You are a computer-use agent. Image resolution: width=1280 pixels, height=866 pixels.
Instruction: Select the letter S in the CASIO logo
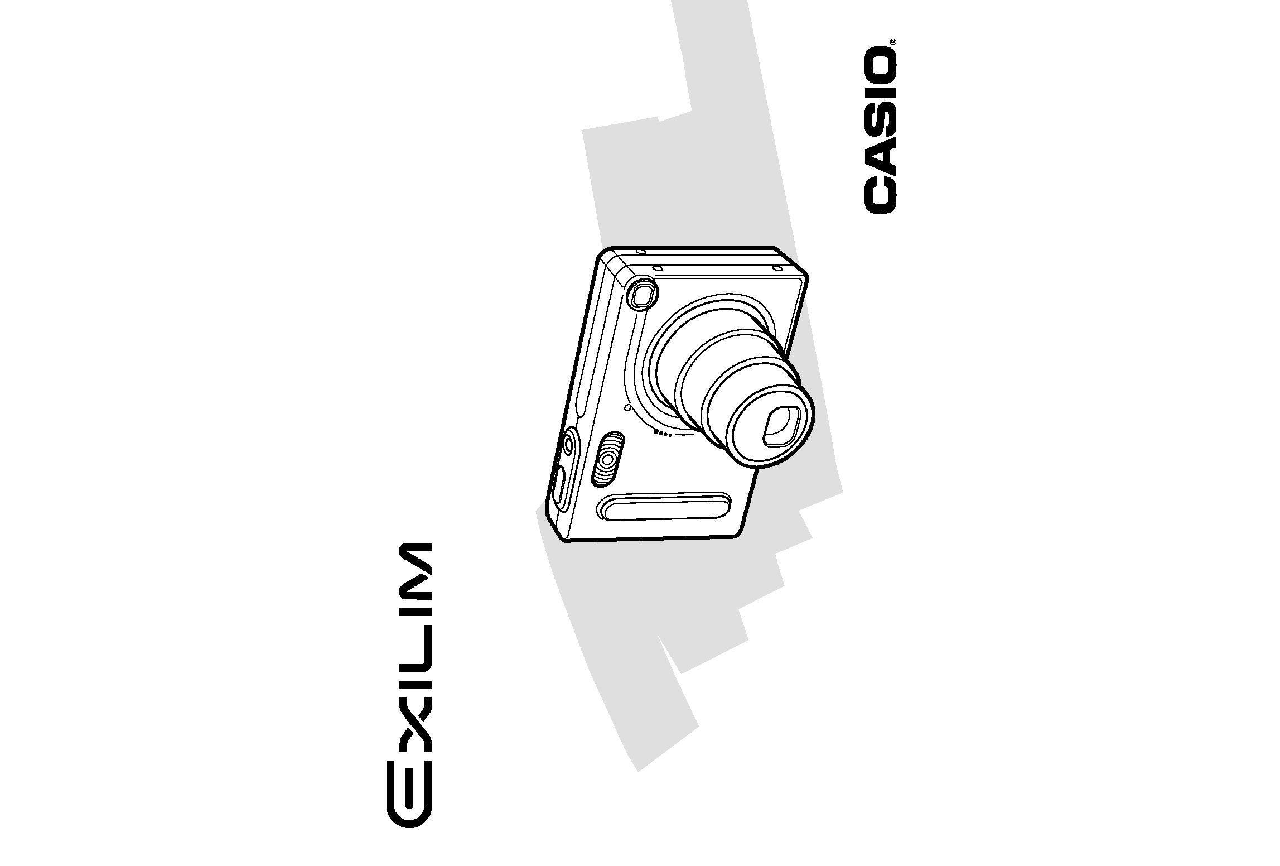pos(881,118)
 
